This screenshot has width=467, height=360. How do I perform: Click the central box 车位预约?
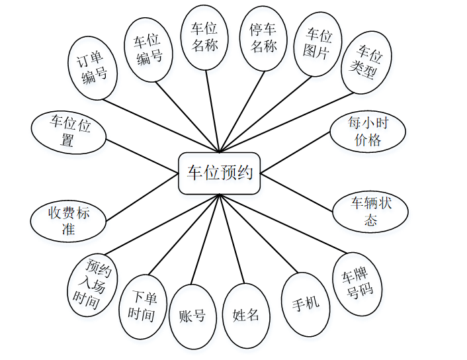point(220,174)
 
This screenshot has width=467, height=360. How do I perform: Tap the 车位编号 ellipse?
point(149,48)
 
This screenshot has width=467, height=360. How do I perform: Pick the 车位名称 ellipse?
point(204,38)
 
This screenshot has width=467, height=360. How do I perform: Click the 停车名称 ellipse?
point(263,38)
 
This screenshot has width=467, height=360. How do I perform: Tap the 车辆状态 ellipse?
point(370,211)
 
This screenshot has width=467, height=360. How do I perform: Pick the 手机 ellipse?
point(306,304)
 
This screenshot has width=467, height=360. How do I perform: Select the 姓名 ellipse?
point(246,315)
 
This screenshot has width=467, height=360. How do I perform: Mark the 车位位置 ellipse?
point(70,130)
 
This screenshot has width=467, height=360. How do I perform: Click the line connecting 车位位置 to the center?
point(142,149)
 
